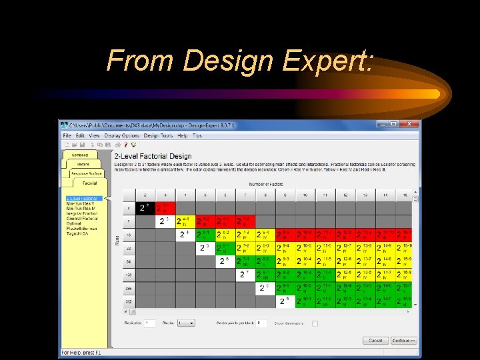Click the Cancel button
click(375, 341)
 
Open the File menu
click(67, 135)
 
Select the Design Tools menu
click(158, 135)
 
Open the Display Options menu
click(121, 135)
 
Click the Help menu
click(183, 135)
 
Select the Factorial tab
click(90, 183)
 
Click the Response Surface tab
click(86, 173)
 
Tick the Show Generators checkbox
click(315, 323)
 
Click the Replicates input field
click(150, 323)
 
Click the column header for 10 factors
click(305, 195)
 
